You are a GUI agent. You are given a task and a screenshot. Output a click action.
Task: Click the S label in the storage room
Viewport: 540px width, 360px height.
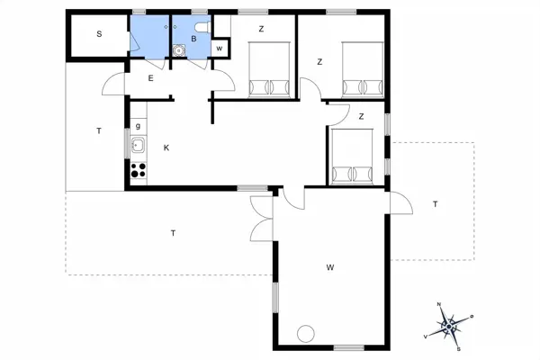pos(98,33)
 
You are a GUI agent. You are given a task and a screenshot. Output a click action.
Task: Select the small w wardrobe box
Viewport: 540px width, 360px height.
pos(220,49)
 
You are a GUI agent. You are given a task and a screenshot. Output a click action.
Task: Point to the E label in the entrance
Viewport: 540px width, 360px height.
pos(150,79)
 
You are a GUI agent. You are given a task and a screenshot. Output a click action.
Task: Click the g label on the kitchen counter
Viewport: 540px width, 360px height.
pos(138,126)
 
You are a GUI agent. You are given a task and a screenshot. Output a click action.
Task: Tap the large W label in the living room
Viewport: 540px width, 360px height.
pos(330,267)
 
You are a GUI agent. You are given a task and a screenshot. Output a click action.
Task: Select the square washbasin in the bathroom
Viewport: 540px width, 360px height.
pos(179,50)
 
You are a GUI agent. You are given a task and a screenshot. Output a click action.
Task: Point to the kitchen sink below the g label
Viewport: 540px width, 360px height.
pos(138,146)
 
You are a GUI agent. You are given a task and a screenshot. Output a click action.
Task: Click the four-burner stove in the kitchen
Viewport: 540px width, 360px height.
pos(138,168)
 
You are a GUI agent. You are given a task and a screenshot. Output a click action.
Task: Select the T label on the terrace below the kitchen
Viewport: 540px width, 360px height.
pos(172,234)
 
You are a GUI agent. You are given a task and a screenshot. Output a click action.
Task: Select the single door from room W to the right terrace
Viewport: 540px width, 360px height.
pos(396,202)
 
